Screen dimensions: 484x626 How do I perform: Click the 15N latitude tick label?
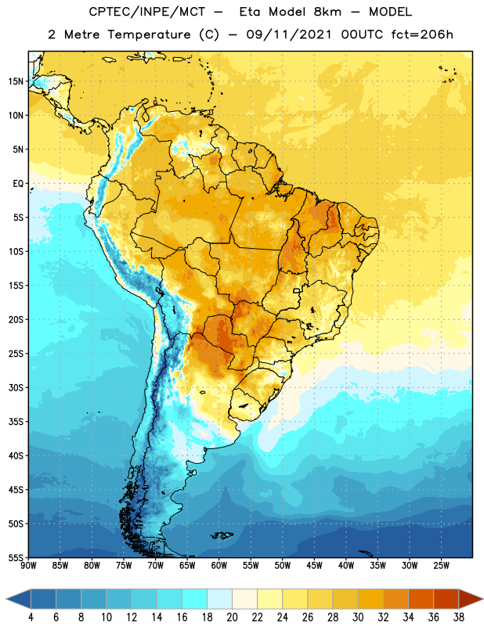pyautogui.click(x=16, y=81)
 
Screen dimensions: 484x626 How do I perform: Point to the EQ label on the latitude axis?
pyautogui.click(x=18, y=184)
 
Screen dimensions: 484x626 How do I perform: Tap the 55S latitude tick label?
pyautogui.click(x=16, y=557)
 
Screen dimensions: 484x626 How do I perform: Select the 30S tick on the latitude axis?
pyautogui.click(x=16, y=387)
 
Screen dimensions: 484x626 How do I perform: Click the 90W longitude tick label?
pyautogui.click(x=28, y=566)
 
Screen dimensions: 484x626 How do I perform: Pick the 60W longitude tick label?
pyautogui.click(x=219, y=566)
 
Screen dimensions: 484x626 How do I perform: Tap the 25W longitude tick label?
pyautogui.click(x=441, y=566)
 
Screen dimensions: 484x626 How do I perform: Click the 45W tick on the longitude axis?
pyautogui.click(x=314, y=566)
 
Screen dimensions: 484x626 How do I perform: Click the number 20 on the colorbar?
pyautogui.click(x=232, y=617)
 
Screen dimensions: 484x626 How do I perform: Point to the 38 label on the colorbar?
pyautogui.click(x=458, y=617)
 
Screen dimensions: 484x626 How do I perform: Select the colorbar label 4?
pyautogui.click(x=31, y=617)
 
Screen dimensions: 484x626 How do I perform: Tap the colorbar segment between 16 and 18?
pyautogui.click(x=194, y=599)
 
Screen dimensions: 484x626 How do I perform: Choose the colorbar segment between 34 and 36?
pyautogui.click(x=421, y=599)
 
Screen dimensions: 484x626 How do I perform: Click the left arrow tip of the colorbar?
pyautogui.click(x=6, y=599)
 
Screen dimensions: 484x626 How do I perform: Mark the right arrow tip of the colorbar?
pyautogui.click(x=482, y=599)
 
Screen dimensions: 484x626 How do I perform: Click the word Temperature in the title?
pyautogui.click(x=149, y=34)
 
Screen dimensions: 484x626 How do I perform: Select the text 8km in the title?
pyautogui.click(x=327, y=12)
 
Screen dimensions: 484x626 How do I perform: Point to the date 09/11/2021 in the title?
pyautogui.click(x=289, y=34)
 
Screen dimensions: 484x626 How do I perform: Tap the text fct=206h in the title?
pyautogui.click(x=422, y=34)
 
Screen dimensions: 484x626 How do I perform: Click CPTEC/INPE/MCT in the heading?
pyautogui.click(x=146, y=12)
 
